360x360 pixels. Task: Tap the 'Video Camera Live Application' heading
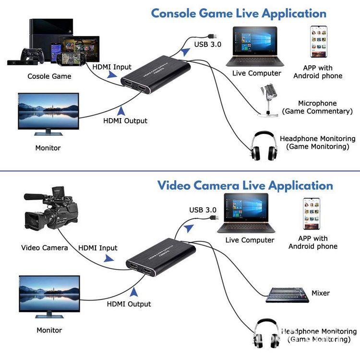(245, 185)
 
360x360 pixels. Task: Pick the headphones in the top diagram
(264, 146)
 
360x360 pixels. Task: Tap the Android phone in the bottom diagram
(312, 214)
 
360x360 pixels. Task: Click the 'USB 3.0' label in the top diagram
(208, 45)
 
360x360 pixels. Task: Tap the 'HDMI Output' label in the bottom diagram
(129, 304)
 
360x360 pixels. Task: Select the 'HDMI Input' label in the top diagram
(112, 67)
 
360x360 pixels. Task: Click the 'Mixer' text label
(321, 293)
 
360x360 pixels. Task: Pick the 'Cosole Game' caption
(49, 76)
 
